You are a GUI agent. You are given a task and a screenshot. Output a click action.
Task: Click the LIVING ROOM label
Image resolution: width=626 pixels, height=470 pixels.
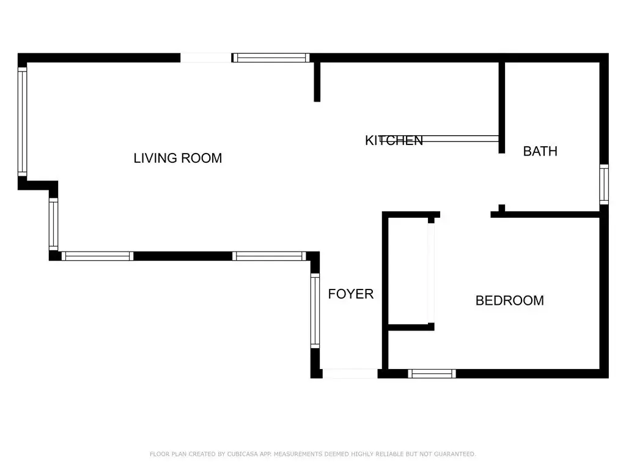(178, 159)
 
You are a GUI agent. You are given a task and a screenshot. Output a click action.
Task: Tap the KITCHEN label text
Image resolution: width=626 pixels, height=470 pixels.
(394, 141)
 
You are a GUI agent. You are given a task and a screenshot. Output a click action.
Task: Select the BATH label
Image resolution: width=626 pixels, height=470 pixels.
(540, 152)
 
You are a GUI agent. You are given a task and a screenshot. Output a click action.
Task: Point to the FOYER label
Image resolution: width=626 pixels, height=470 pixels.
(350, 294)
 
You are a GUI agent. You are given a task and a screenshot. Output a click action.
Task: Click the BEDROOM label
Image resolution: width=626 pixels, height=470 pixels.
(509, 300)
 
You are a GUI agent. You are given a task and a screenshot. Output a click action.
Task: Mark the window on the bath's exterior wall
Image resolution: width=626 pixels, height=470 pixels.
(604, 184)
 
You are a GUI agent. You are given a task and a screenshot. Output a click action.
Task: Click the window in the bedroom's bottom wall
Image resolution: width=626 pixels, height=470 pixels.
(432, 374)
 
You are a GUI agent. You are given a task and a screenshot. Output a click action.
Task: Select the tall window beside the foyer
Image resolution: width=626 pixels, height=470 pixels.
(315, 310)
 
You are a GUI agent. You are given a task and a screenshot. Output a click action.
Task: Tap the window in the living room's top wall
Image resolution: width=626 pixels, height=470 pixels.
(271, 58)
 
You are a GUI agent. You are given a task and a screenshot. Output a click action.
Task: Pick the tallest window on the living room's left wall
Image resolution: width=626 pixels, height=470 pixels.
(23, 122)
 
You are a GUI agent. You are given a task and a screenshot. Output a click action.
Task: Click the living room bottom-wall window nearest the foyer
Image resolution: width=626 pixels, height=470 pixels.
(269, 256)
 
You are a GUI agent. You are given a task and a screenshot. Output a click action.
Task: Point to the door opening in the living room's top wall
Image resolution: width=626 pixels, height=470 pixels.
(205, 58)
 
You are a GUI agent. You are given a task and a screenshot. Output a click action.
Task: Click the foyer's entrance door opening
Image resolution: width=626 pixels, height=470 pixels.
(350, 374)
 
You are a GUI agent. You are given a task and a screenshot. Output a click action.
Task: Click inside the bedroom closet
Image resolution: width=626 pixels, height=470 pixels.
(408, 271)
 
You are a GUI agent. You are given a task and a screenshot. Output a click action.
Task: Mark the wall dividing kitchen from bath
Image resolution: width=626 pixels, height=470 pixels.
(502, 108)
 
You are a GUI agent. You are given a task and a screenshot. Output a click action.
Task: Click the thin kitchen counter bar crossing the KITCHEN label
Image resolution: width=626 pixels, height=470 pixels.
(439, 139)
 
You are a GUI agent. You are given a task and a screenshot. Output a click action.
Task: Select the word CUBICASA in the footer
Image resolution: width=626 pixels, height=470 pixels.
(242, 454)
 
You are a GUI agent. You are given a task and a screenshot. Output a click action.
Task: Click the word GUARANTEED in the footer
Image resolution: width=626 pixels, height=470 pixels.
(455, 454)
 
